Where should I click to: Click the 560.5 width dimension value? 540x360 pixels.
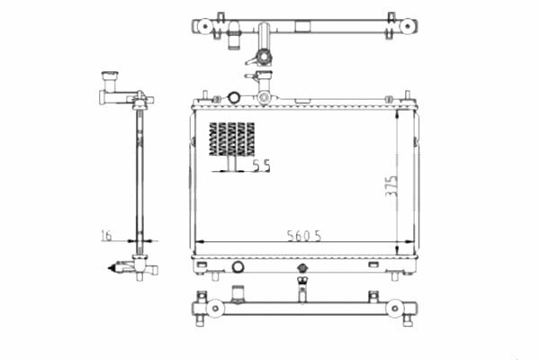(x=304, y=236)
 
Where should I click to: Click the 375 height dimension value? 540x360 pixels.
(x=391, y=186)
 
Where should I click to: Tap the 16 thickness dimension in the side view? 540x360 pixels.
(x=106, y=236)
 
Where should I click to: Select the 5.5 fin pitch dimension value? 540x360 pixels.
(x=262, y=166)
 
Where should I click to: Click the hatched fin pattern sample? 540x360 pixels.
(x=232, y=139)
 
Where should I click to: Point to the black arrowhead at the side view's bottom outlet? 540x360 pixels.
(x=112, y=268)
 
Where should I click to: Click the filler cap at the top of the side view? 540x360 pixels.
(x=110, y=76)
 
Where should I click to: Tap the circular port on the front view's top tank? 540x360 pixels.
(x=234, y=97)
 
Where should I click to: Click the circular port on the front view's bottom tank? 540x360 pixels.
(x=238, y=266)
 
